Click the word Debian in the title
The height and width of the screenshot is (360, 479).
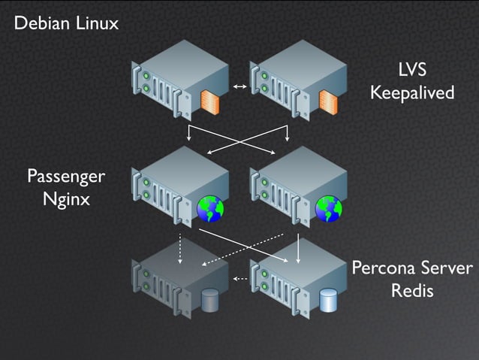point(40,23)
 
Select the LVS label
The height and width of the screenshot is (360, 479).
point(412,71)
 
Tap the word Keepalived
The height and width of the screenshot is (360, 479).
point(412,93)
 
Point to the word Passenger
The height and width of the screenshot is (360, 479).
point(66,177)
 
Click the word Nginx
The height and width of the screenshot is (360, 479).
point(66,200)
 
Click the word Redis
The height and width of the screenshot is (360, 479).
point(412,291)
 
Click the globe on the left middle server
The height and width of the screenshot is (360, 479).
point(210,209)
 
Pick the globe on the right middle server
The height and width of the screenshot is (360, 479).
point(329,209)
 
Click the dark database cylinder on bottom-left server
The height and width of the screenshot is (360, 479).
point(209,301)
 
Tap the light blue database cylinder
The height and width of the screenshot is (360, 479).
point(328,301)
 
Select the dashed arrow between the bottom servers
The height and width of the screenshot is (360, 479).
point(240,279)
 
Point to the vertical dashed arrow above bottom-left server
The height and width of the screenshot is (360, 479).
point(180,250)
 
